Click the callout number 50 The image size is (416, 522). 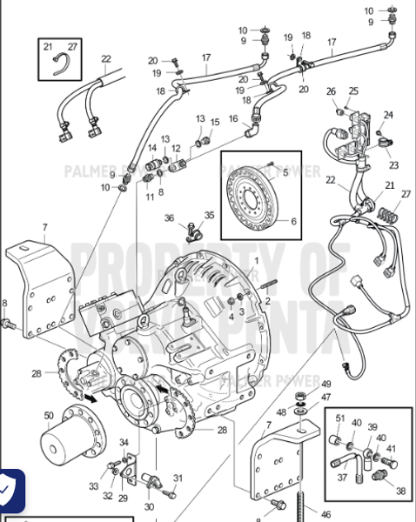click(49, 418)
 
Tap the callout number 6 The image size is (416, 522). click(292, 221)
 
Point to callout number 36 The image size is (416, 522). click(170, 218)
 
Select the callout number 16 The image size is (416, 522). click(233, 118)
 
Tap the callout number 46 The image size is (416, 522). click(325, 515)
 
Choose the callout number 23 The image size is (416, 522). click(394, 164)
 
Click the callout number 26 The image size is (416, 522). click(331, 91)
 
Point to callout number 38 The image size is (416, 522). click(401, 491)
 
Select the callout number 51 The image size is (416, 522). click(340, 419)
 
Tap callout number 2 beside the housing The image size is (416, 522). click(268, 301)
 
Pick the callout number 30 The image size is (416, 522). click(149, 507)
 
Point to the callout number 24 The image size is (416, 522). click(389, 114)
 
